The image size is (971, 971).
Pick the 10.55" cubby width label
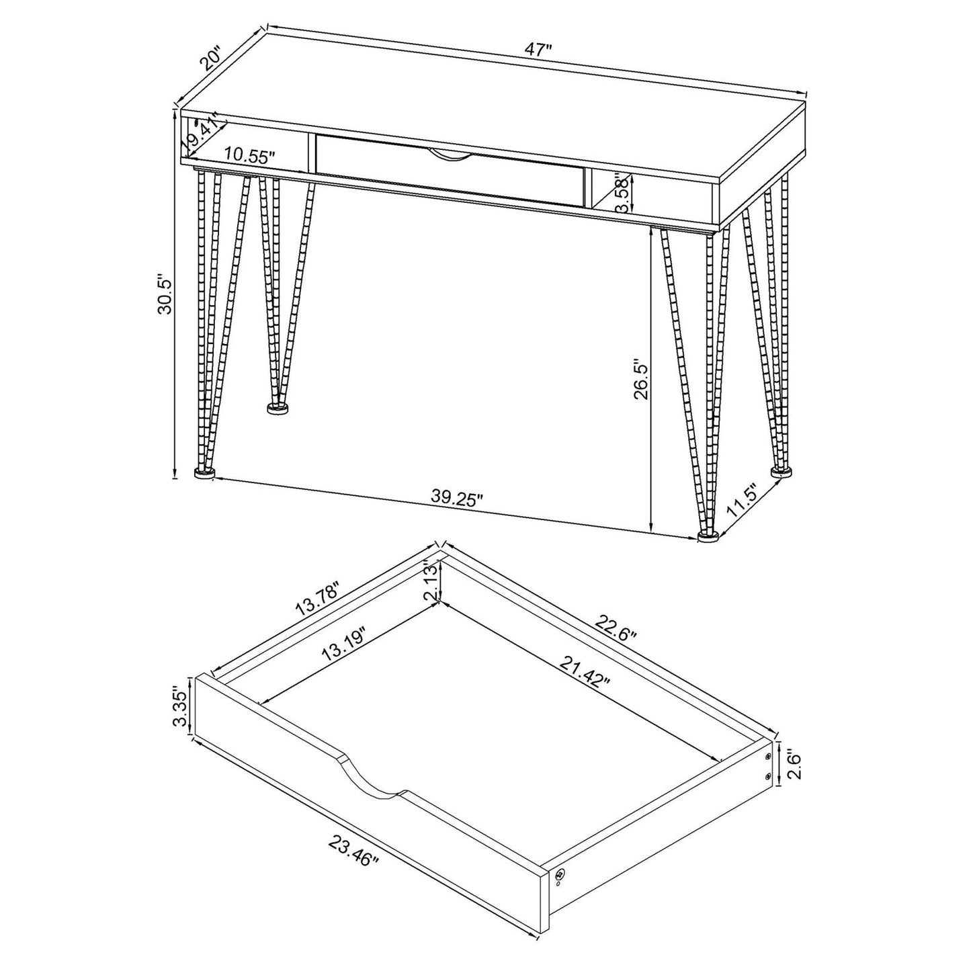click(x=251, y=157)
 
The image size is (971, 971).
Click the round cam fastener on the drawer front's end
click(x=560, y=874)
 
